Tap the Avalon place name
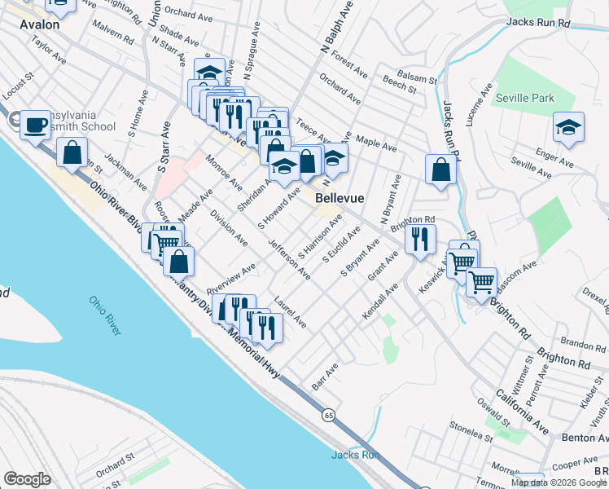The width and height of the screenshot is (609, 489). click(x=40, y=25)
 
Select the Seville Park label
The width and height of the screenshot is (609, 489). click(x=525, y=99)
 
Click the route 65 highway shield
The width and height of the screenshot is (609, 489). click(x=327, y=416)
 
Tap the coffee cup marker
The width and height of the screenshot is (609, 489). click(x=34, y=126)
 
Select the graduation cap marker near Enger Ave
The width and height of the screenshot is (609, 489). click(x=568, y=127)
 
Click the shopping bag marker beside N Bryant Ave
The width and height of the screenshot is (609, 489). click(x=440, y=170)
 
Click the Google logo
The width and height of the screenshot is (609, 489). click(x=27, y=479)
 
